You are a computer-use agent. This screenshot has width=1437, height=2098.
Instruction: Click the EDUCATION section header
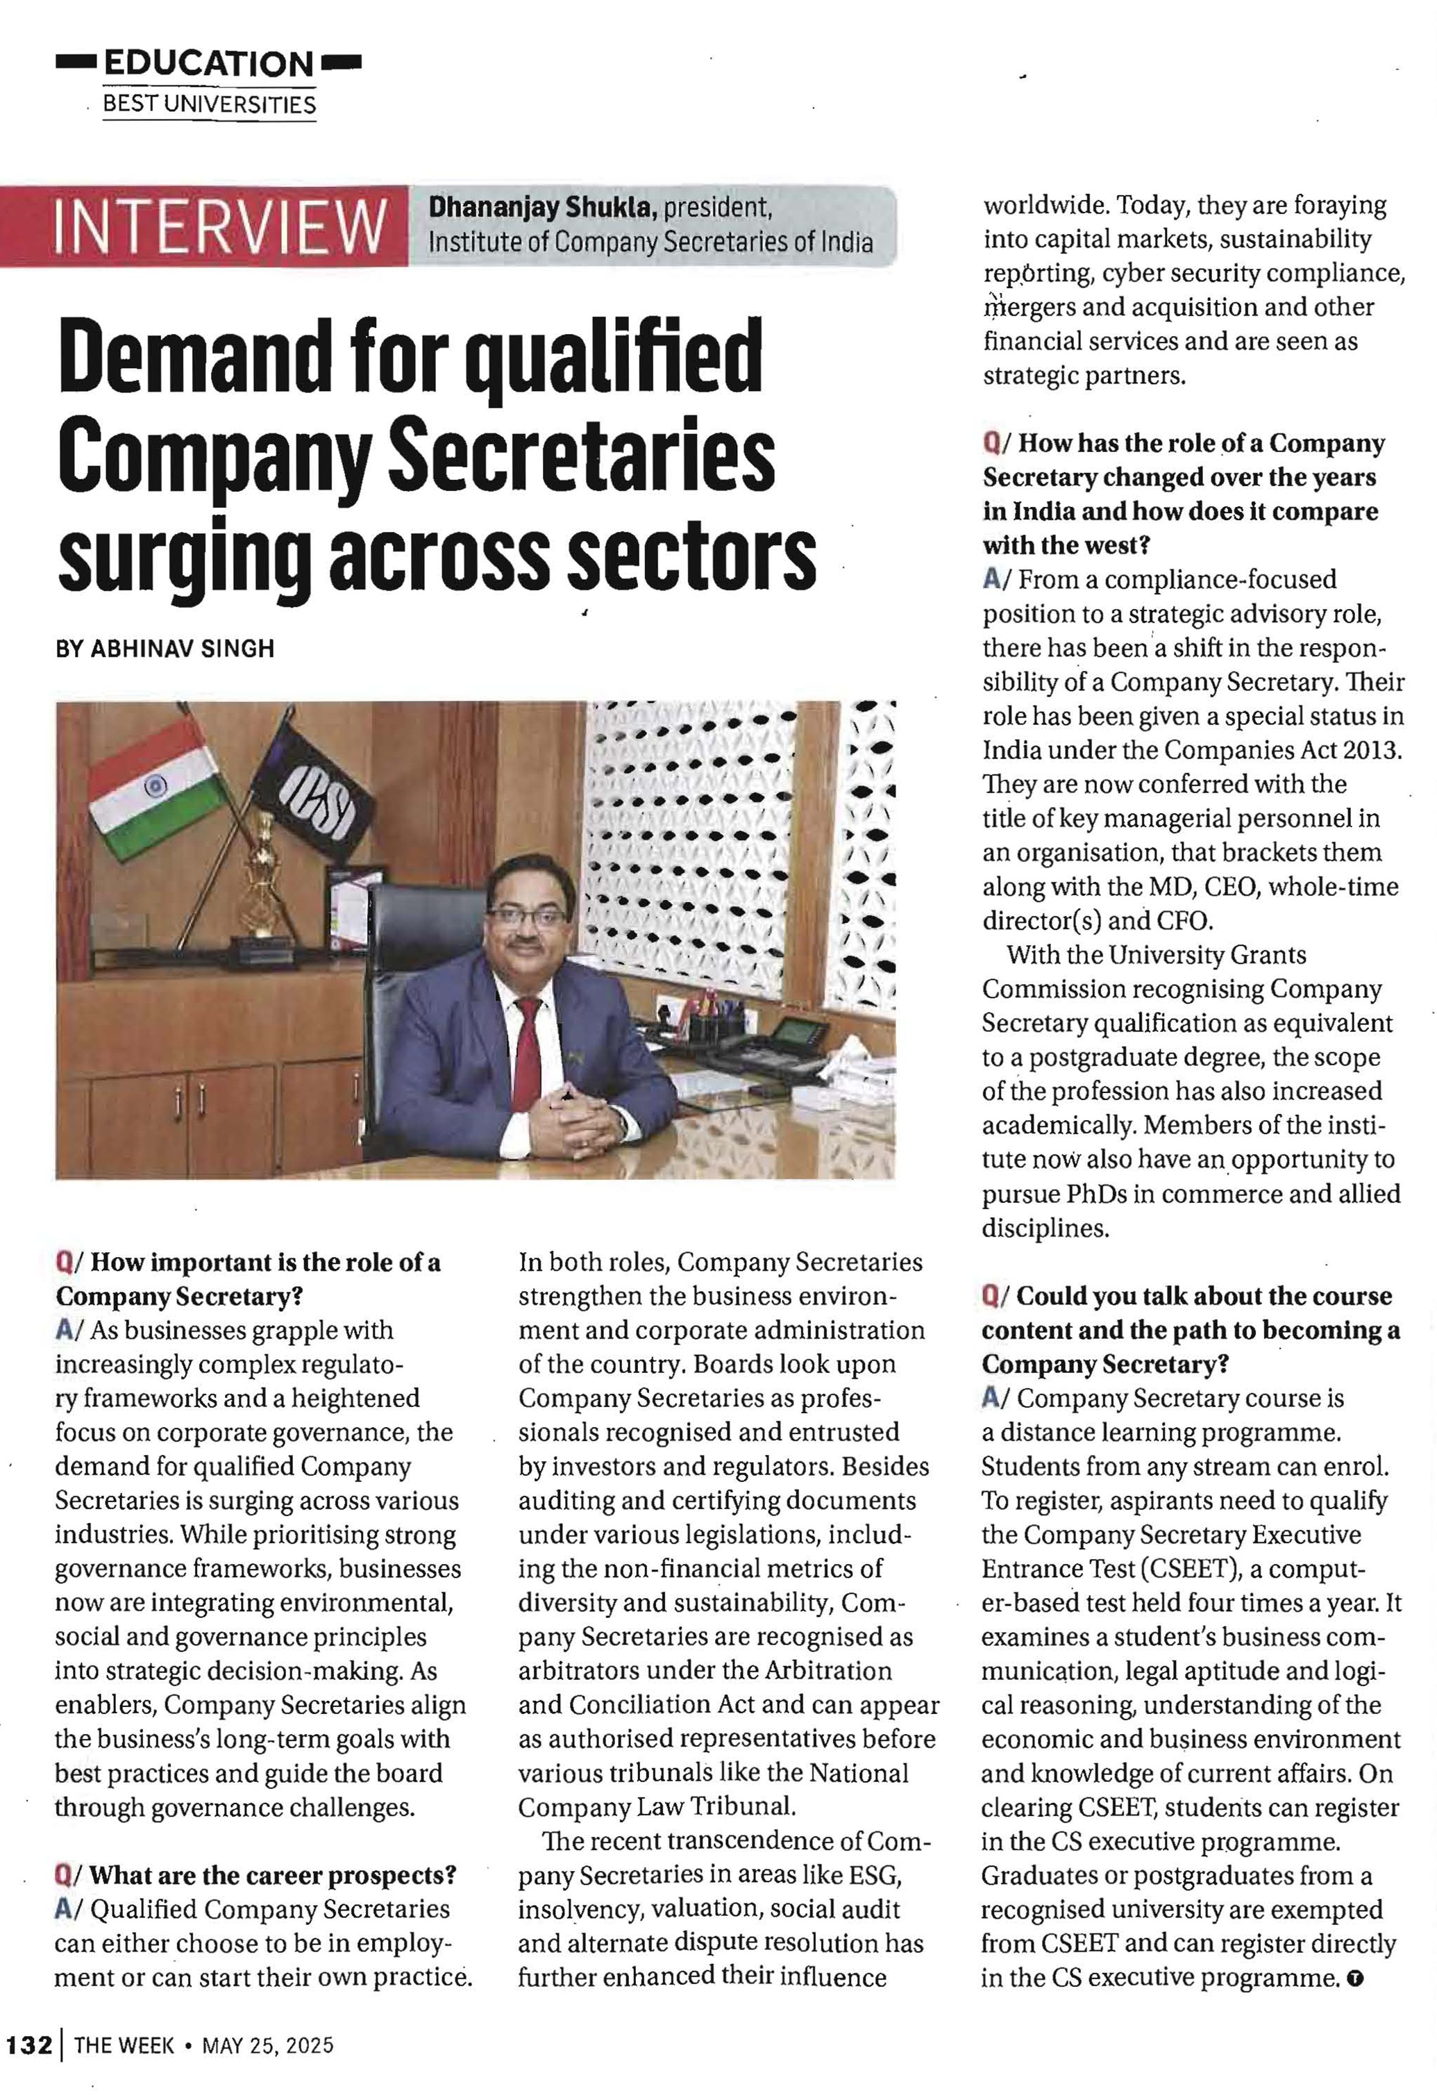pyautogui.click(x=208, y=63)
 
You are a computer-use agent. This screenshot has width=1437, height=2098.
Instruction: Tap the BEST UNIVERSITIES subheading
pyautogui.click(x=210, y=105)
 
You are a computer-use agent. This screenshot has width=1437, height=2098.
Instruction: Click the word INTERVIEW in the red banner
pyautogui.click(x=219, y=226)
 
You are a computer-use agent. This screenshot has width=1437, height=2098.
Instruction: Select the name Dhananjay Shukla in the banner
pyautogui.click(x=541, y=208)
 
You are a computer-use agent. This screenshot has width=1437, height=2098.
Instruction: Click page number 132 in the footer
pyautogui.click(x=30, y=2045)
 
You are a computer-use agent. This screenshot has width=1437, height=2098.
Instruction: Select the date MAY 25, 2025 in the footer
pyautogui.click(x=268, y=2045)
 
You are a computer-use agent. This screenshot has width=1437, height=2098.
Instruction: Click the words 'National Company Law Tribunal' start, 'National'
pyautogui.click(x=859, y=1773)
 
